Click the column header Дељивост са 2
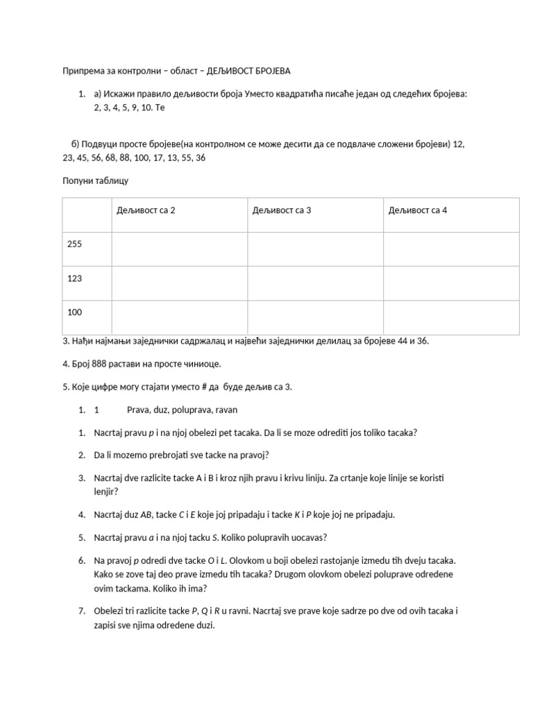coord(146,210)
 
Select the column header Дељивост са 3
coord(282,210)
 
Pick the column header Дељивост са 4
coord(418,210)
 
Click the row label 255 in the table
coord(75,244)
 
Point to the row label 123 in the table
coord(75,278)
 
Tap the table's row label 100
coord(75,312)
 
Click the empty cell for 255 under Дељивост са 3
coord(315,249)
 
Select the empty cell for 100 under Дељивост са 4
coord(451,317)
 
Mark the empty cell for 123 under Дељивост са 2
coord(179,283)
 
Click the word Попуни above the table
coord(78,181)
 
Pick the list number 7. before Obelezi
coord(82,611)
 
